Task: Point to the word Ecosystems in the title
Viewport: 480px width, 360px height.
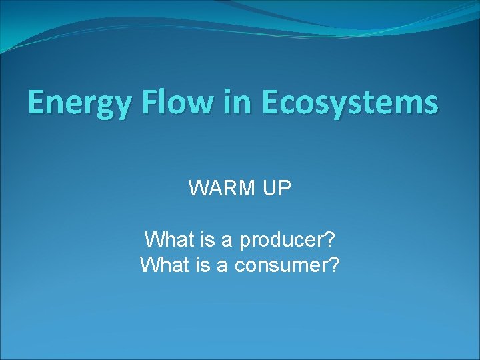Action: (x=350, y=103)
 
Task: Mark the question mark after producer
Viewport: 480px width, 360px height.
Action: (x=329, y=238)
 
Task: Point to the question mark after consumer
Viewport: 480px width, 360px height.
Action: (x=334, y=265)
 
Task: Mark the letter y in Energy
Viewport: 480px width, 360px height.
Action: (x=111, y=107)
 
